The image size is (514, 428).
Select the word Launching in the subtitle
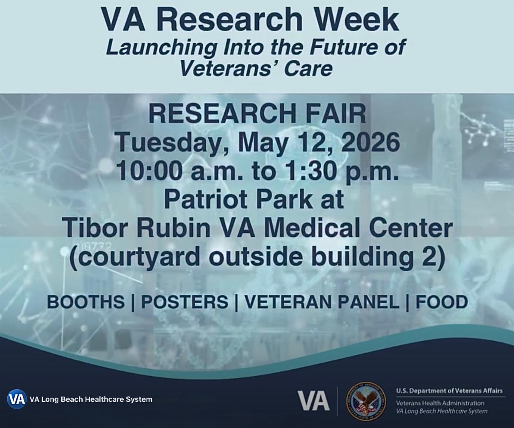[x=161, y=48]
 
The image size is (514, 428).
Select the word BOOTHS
[x=86, y=302]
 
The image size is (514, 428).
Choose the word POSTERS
[x=185, y=302]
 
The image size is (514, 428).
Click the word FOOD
[x=442, y=302]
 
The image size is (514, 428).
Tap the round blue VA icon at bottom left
[x=17, y=399]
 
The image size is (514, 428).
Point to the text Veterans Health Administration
[x=440, y=403]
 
